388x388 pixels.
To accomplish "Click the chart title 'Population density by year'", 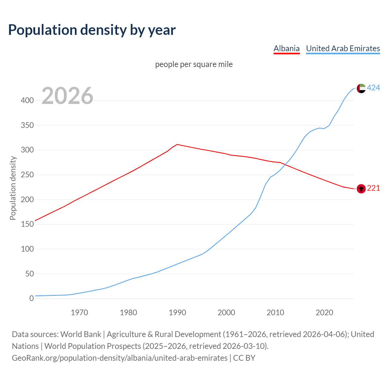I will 92,30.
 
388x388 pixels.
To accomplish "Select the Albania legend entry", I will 286,48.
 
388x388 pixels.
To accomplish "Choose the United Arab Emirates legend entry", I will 343,48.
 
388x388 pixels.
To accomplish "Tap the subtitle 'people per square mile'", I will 194,64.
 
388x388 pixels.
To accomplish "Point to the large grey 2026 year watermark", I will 67,96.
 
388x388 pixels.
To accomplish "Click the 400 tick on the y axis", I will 27,100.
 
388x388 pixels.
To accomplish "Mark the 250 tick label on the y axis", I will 27,175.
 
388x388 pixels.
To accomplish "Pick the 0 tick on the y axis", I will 32,299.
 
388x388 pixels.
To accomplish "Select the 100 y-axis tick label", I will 27,249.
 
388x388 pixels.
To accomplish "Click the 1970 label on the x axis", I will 79,313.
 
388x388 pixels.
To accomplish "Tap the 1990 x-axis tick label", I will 177,313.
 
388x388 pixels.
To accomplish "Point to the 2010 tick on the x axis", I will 275,313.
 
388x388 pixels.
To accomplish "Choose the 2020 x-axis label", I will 324,313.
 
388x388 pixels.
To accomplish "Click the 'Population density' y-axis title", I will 13,188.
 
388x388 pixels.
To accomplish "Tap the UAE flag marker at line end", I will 361,88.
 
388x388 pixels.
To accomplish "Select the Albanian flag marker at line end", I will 361,189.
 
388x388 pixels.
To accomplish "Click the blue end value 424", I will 373,88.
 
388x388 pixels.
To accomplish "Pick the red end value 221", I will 373,188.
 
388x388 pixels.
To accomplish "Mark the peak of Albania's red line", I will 177,144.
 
